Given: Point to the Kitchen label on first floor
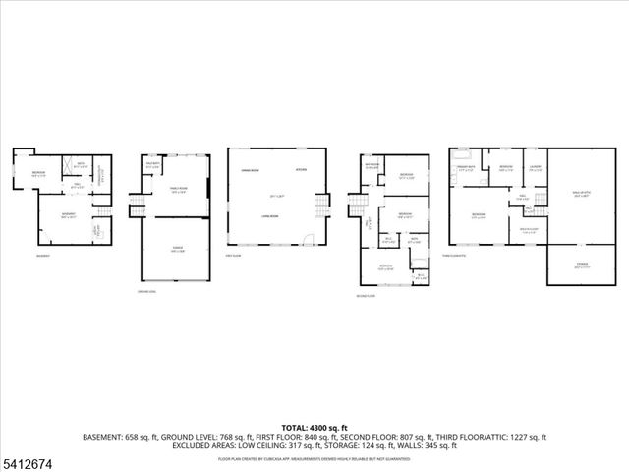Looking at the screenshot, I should [301, 171].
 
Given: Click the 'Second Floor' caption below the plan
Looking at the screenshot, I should [368, 294].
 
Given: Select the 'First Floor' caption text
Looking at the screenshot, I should [234, 255].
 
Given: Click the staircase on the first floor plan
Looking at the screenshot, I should [319, 208].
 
